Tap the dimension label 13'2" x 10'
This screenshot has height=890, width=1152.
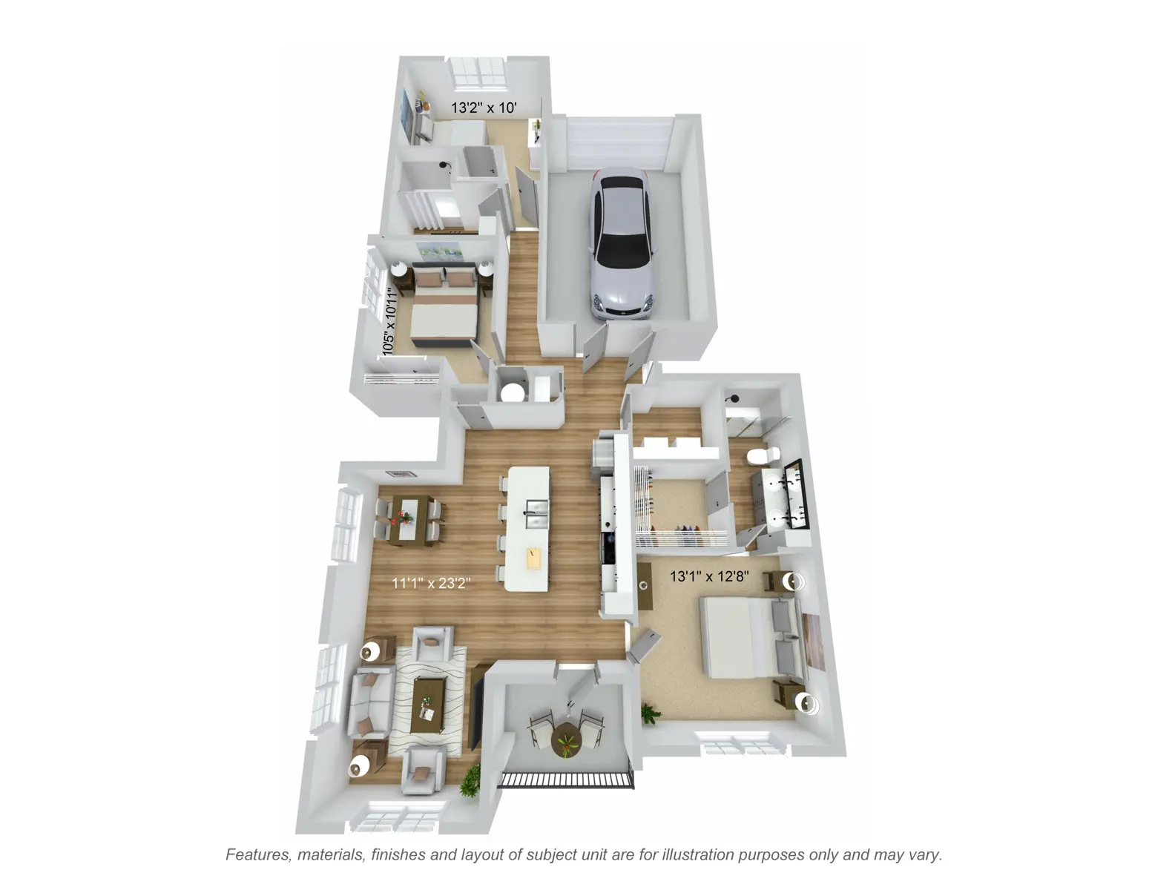pos(484,108)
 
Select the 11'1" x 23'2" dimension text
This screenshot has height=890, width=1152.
pos(431,584)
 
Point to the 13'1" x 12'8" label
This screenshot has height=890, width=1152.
pos(709,576)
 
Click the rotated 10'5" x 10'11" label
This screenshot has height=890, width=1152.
pos(390,321)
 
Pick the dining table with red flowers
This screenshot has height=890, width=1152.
pos(408,520)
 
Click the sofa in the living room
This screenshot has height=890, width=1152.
pos(371,702)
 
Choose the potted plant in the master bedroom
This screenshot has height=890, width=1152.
pos(651,714)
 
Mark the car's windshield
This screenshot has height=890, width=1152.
pos(623,251)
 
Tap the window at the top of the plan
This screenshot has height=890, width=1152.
pos(478,73)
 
